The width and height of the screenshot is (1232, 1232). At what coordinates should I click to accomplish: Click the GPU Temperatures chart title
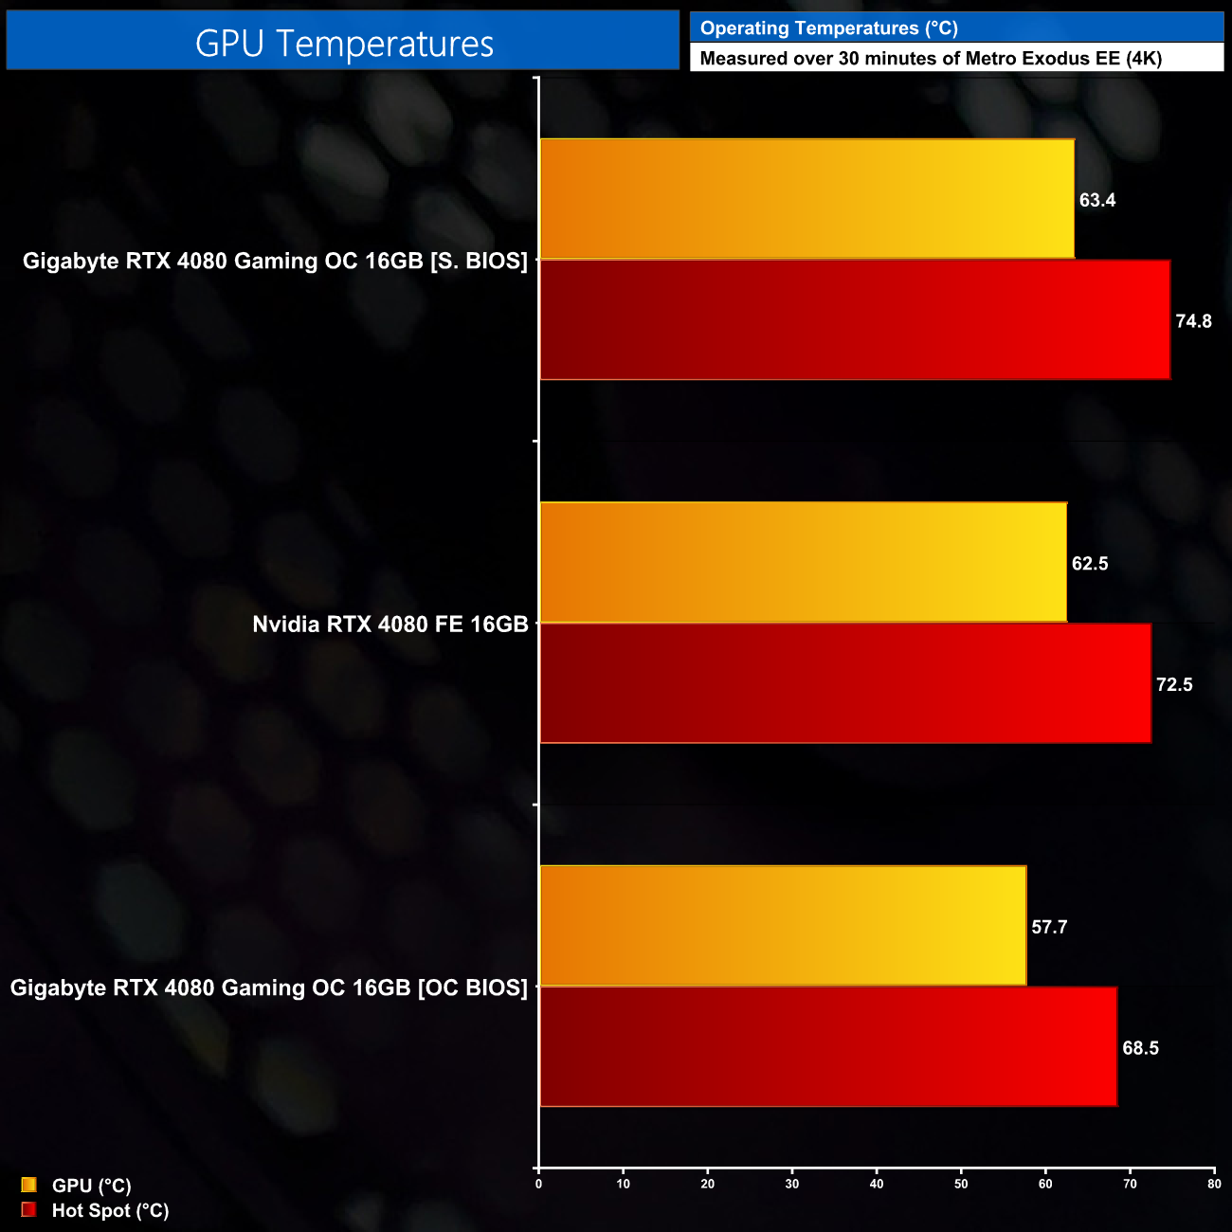point(344,44)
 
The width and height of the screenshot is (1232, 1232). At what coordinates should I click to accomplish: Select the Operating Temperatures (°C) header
point(828,28)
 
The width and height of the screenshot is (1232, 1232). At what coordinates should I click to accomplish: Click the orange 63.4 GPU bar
point(806,199)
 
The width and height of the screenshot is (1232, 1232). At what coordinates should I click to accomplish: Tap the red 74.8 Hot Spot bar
point(854,320)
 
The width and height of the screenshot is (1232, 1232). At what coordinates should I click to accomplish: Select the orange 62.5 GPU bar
point(803,563)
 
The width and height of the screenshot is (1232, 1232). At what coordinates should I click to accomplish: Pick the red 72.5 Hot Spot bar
point(844,683)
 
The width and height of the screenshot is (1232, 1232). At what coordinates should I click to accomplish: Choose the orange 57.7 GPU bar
point(783,926)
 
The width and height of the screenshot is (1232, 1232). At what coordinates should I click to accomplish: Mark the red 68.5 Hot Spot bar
point(827,1046)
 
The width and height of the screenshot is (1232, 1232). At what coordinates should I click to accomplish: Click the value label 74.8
point(1193,321)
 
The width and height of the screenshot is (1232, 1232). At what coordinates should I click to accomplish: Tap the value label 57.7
point(1049,927)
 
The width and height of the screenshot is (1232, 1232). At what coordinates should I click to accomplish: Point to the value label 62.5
point(1090,564)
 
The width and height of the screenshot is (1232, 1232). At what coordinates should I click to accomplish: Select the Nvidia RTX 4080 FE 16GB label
point(390,625)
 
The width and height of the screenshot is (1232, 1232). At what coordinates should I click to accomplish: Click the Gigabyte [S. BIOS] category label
point(275,261)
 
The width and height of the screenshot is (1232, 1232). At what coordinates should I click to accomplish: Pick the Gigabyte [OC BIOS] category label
point(269,987)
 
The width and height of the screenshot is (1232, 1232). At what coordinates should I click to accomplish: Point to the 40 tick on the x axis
point(877,1184)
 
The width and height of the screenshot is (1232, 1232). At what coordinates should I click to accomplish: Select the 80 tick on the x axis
point(1214,1184)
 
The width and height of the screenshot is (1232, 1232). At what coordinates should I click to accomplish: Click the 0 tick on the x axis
point(538,1184)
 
